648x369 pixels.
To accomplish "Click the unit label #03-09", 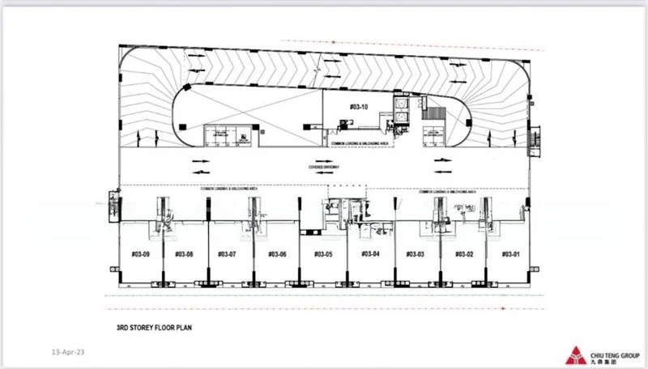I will [x=141, y=254].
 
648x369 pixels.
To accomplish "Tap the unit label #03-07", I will [x=227, y=254].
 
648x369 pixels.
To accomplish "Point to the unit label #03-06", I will [x=277, y=254].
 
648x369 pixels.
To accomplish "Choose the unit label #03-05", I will [x=323, y=254].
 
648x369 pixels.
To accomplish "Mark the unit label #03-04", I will [x=370, y=254].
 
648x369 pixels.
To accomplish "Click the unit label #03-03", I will [x=416, y=254].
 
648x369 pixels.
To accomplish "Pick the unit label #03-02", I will [x=463, y=254].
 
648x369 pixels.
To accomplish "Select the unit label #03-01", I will [x=509, y=254].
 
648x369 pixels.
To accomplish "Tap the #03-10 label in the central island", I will [x=359, y=107].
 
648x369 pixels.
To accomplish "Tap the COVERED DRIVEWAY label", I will [x=323, y=166].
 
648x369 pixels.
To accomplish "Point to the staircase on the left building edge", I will [x=113, y=206].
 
